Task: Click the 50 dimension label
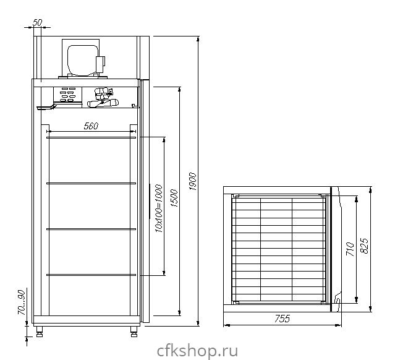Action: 37,23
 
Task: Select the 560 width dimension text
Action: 91,126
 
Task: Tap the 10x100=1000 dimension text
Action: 159,208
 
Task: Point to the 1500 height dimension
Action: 174,198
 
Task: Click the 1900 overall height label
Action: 192,181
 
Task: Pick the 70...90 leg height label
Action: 22,302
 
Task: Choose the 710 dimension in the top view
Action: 350,249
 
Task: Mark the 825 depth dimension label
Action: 364,246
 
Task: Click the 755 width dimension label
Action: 282,319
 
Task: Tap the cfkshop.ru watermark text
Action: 197,351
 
